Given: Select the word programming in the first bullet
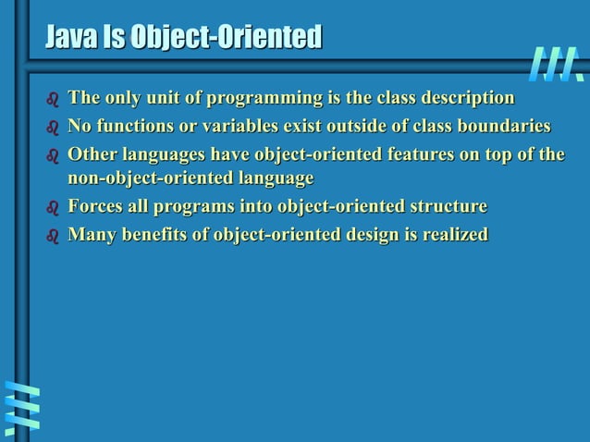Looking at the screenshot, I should [x=255, y=98].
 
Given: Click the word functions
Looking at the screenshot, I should [x=133, y=126].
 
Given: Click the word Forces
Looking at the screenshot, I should [x=97, y=205].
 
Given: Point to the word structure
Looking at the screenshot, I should [x=448, y=205].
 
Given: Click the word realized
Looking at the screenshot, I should [x=454, y=234].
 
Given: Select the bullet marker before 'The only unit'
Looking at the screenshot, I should [x=52, y=100].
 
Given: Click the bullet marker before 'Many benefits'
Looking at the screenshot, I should [x=52, y=236].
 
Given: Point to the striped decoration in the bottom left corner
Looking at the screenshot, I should [x=21, y=409].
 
